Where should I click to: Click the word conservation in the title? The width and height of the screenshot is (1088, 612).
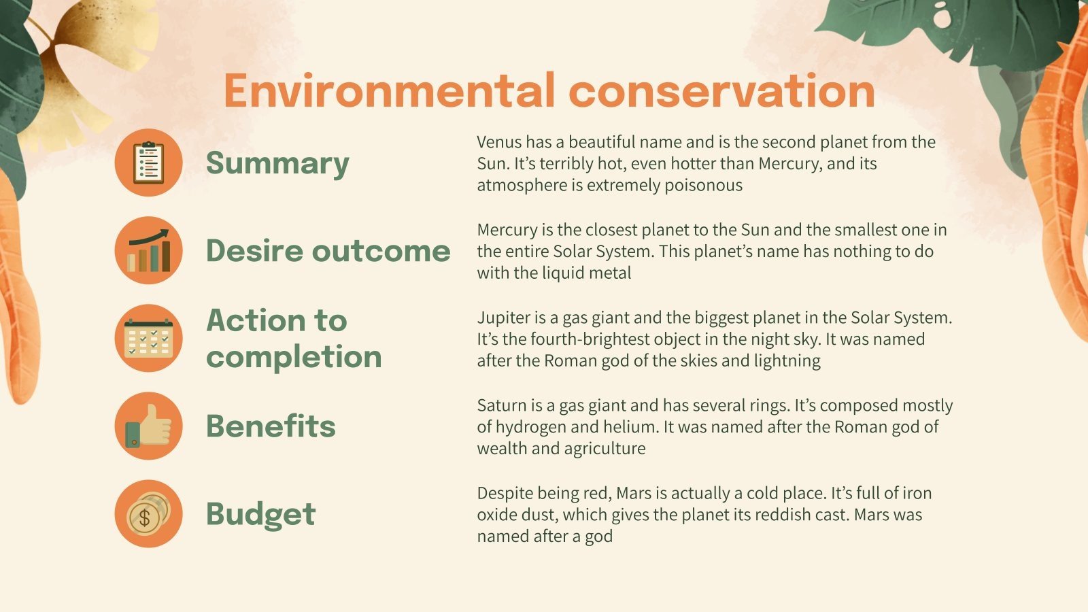[721, 90]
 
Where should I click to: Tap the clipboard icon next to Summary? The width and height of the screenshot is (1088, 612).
[148, 163]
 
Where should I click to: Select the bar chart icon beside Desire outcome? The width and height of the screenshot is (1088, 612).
[148, 250]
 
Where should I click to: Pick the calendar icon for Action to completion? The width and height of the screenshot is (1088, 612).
[148, 338]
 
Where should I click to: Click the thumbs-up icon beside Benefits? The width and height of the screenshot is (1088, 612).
[148, 426]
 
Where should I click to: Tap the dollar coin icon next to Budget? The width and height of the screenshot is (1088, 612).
[148, 513]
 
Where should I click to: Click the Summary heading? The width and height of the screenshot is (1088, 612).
[277, 163]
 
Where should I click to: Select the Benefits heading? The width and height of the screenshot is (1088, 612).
[271, 426]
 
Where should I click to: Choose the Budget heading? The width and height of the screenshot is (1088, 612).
[260, 514]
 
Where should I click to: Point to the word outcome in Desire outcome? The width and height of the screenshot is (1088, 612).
[381, 251]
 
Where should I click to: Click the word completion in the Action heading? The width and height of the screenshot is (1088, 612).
[294, 357]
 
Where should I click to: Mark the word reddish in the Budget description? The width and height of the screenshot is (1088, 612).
[778, 515]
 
